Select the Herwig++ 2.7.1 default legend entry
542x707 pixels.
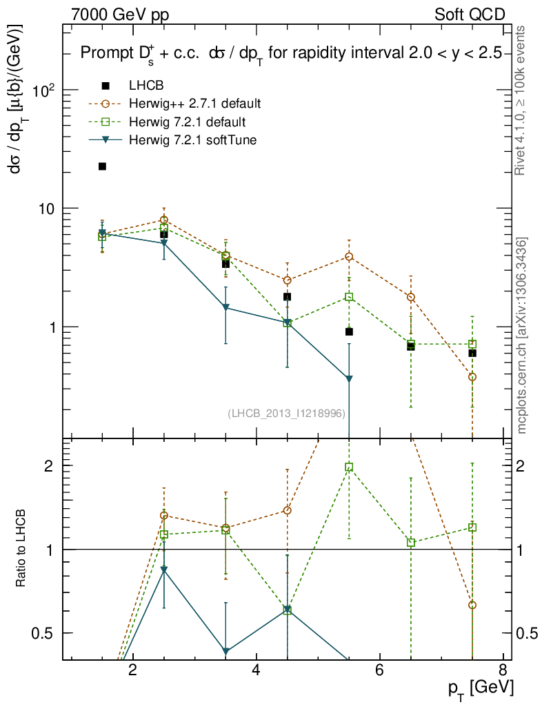194,104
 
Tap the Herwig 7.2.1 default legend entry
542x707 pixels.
187,122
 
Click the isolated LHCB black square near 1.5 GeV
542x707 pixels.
102,166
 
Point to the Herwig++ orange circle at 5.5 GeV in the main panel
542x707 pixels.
350,257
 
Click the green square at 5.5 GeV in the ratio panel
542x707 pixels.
350,467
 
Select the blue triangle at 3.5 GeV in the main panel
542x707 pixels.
225,308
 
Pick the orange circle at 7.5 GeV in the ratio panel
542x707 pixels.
472,605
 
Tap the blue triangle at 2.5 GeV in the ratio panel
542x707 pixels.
163,570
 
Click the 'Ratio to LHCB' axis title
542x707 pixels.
22,548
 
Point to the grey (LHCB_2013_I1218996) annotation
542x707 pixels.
286,413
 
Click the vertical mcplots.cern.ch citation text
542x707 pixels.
522,336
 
